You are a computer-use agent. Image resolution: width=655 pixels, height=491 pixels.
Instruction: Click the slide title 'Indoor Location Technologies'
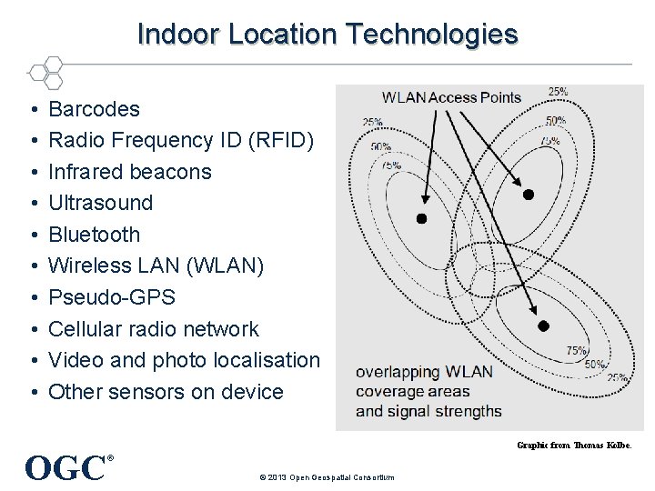coord(327,35)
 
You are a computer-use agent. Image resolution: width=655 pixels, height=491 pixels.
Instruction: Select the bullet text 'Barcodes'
coord(94,109)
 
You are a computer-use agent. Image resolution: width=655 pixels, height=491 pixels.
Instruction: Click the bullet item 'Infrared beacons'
coord(129,172)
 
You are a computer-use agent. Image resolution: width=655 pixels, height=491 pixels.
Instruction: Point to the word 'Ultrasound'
coord(100,203)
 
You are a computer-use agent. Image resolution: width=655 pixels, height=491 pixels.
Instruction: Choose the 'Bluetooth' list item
coord(94,235)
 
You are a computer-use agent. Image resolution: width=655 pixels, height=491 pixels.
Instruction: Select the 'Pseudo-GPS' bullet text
coord(111,297)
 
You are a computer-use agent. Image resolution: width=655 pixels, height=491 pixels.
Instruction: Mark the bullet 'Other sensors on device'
coord(166,392)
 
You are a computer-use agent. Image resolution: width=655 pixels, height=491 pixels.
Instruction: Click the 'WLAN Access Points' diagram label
coord(451,97)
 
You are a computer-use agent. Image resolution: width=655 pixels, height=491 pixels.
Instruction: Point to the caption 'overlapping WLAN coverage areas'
coord(424,382)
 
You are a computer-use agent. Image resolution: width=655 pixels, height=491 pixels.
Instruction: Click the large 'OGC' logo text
coord(65,468)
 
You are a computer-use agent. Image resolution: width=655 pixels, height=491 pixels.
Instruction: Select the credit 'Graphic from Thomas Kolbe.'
coord(573,445)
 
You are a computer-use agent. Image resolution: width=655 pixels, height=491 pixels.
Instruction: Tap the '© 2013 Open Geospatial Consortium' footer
coord(327,477)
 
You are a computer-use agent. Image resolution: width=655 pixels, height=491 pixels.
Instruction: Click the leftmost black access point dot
coord(421,218)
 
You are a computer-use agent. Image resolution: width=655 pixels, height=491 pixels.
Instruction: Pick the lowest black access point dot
coord(543,326)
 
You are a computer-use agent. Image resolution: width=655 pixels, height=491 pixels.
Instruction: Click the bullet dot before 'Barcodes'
coord(32,110)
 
